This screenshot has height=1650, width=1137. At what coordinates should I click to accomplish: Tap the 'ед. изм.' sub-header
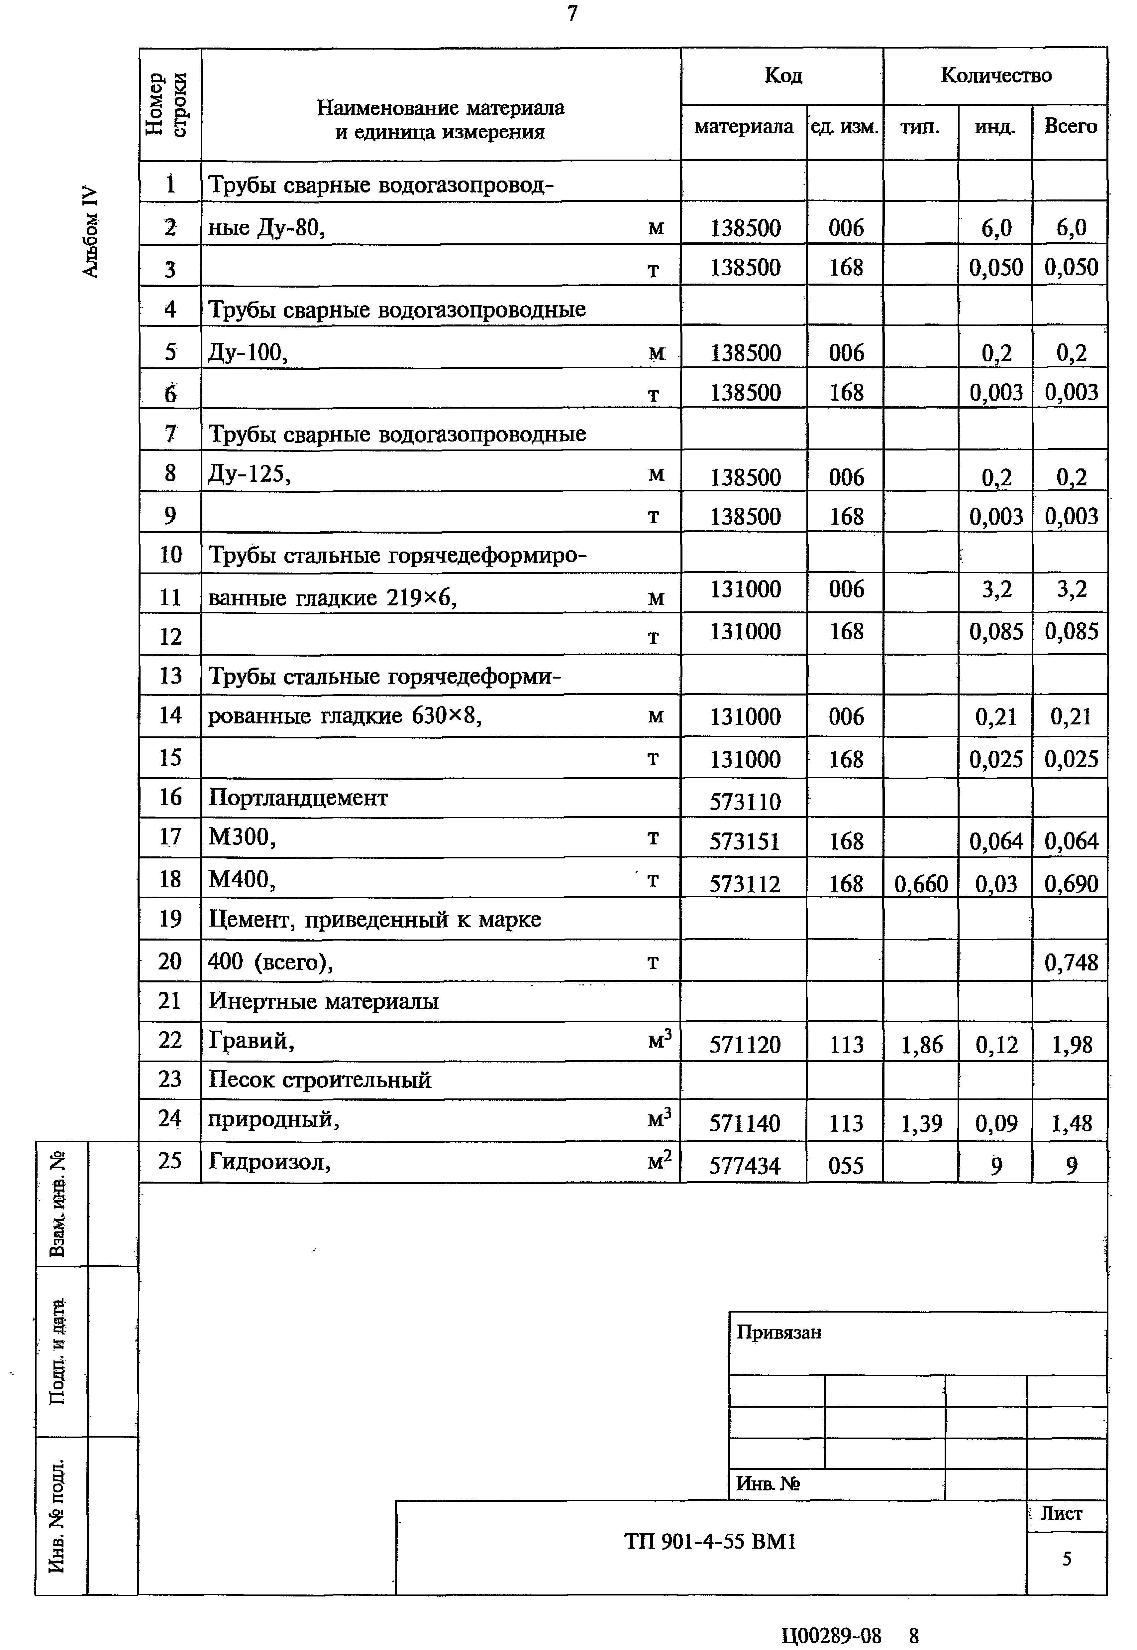(x=845, y=127)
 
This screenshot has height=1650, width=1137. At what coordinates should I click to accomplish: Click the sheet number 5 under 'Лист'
(x=1067, y=1559)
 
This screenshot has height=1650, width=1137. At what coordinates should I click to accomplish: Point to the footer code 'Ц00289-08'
(x=831, y=1635)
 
